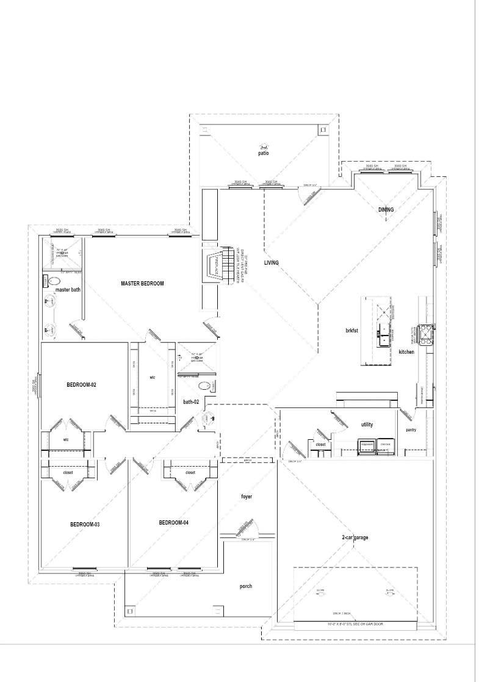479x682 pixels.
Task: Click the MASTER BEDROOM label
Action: pos(142,283)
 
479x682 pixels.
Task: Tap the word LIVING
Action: pos(272,263)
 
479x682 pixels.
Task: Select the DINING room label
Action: pos(386,210)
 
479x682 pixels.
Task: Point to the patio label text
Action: pos(264,154)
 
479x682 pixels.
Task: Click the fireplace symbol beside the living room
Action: pos(218,267)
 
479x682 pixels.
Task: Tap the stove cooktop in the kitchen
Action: pos(423,332)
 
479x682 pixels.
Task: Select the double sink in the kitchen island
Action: pos(384,332)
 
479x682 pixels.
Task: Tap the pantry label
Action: pos(411,430)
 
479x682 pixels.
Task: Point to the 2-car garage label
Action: pos(355,537)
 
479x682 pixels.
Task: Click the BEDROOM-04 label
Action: pos(174,523)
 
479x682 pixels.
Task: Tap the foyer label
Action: pos(246,497)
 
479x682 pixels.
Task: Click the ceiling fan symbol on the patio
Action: pos(264,146)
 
